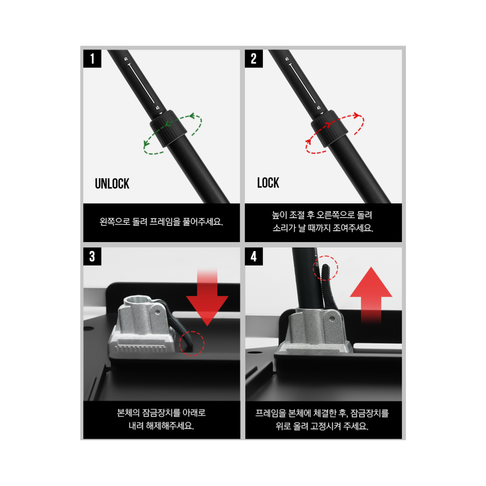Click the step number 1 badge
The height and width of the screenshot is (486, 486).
tap(92, 58)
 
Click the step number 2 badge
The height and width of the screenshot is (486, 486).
tap(253, 58)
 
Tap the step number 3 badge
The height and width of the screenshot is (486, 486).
tap(92, 256)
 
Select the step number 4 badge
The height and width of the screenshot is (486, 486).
tap(253, 256)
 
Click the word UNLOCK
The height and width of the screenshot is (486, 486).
tap(112, 184)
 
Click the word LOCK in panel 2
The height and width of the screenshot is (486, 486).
tap(268, 183)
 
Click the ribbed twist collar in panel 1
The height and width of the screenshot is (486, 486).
tap(168, 128)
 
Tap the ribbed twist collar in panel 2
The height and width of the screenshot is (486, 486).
tap(330, 128)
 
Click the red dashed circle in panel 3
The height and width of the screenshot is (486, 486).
tap(192, 345)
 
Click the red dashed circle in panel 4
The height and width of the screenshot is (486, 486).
tap(325, 269)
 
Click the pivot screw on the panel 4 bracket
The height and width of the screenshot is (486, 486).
tap(332, 318)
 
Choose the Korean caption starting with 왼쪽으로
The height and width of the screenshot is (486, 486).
tap(161, 222)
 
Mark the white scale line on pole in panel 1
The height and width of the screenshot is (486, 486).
tap(142, 83)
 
